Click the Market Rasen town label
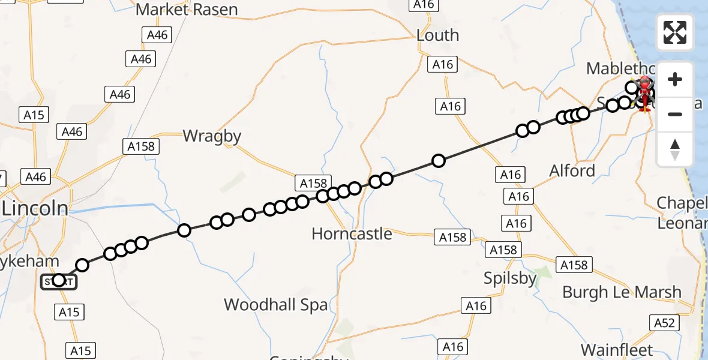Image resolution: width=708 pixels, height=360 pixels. [187, 10]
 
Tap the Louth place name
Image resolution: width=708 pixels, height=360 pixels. [437, 35]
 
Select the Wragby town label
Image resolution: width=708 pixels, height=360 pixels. [212, 136]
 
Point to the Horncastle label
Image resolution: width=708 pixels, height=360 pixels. [352, 233]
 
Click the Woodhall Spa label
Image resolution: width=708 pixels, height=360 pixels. [276, 305]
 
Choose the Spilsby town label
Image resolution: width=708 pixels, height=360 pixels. [510, 278]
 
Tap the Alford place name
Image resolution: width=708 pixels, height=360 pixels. [572, 171]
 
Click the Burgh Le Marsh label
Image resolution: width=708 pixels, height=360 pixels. [622, 292]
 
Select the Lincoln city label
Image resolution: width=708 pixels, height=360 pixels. [35, 209]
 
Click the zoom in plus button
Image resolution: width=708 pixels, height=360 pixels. [675, 79]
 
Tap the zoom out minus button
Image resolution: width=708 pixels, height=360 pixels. [675, 114]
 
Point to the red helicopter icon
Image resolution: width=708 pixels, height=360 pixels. [645, 93]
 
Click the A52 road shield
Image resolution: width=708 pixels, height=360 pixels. [664, 323]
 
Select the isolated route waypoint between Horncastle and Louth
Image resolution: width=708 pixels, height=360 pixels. [439, 161]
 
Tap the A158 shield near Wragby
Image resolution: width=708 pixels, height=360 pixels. [142, 146]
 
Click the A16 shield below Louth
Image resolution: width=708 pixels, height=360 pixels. [443, 64]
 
